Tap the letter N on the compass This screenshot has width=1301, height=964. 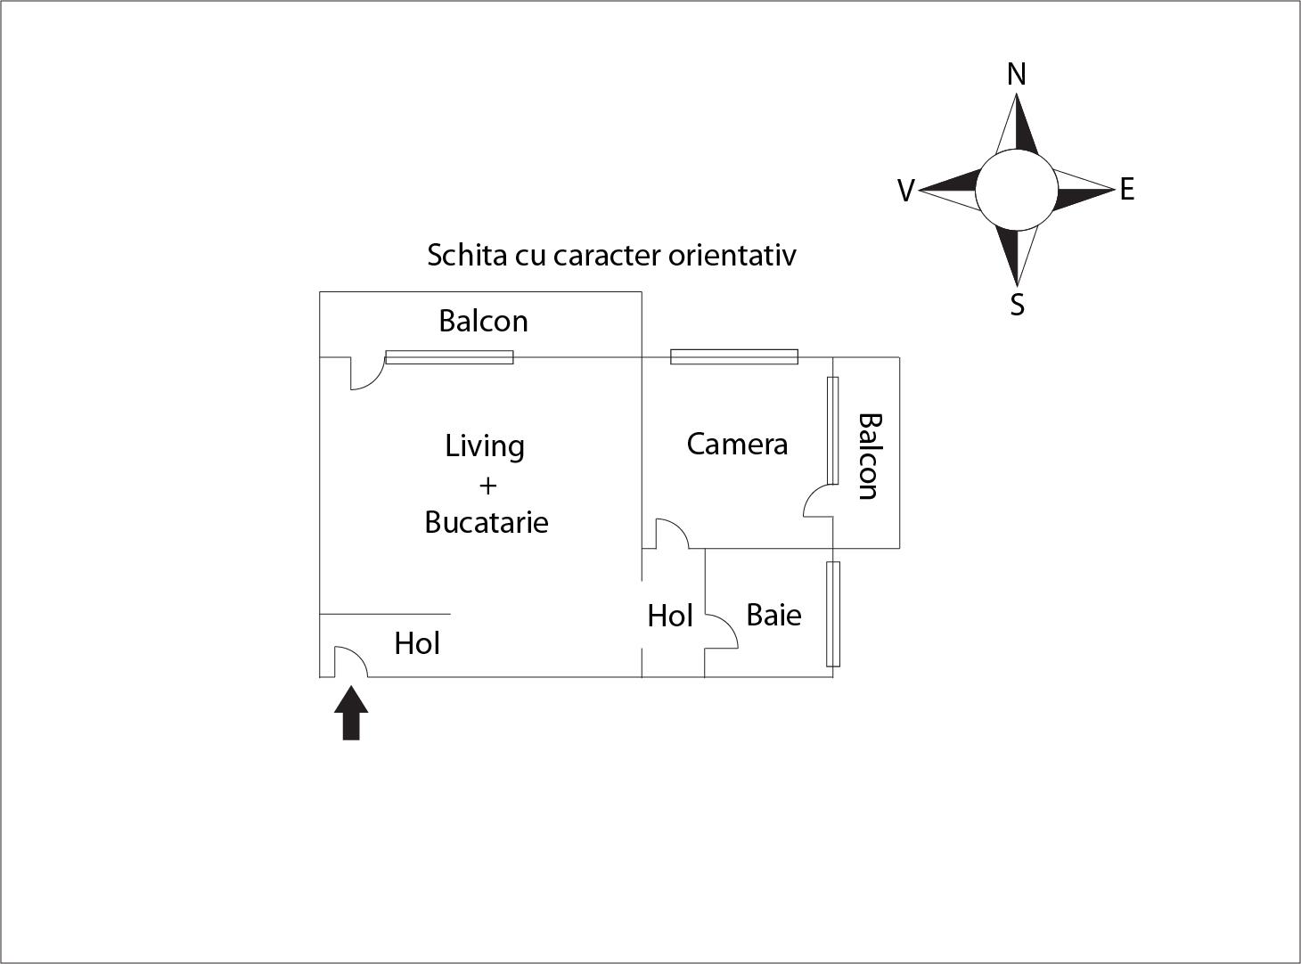click(1016, 74)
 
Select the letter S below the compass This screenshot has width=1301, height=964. click(1017, 306)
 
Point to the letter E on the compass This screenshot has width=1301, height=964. click(1127, 189)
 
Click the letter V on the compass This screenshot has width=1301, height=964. click(905, 191)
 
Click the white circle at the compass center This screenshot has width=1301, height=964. click(1016, 189)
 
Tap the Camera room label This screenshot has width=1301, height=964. click(737, 444)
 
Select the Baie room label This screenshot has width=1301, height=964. click(773, 615)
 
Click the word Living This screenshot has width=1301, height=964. click(485, 445)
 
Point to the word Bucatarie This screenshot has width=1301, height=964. click(487, 522)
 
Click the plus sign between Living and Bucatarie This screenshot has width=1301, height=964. click(487, 486)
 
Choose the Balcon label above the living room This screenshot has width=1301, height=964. click(483, 321)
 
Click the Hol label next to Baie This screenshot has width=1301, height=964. click(670, 616)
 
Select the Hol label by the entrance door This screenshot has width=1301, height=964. click(417, 643)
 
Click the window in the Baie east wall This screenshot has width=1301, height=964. click(833, 614)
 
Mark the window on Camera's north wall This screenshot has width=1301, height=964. click(734, 357)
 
